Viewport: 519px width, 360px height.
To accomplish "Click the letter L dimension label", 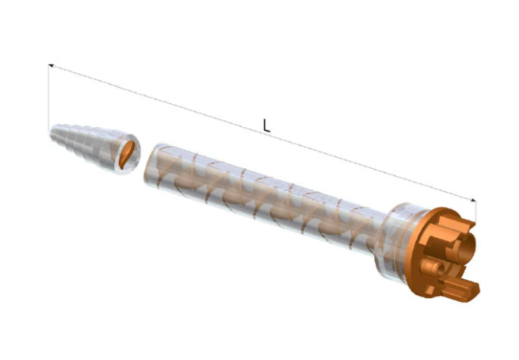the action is [266, 126].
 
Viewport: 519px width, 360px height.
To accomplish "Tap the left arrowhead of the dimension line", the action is [51, 66].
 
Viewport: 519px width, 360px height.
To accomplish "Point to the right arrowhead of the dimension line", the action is [473, 200].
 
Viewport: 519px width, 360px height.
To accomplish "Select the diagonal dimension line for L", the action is [262, 132].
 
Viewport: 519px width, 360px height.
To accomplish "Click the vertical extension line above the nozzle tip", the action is [49, 96].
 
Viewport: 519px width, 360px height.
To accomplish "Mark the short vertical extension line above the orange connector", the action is [475, 212].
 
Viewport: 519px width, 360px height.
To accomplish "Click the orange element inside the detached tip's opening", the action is [127, 155].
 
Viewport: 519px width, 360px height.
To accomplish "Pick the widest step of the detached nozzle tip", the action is [128, 153].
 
